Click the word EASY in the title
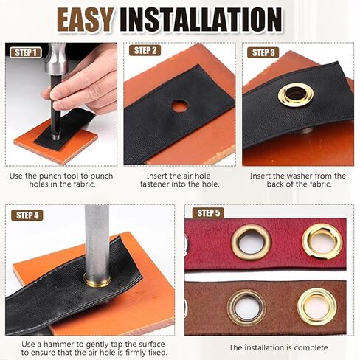(86, 20)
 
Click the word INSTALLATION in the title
(201, 20)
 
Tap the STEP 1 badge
(26, 52)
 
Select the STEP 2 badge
(145, 50)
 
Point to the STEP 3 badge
(263, 52)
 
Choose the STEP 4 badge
(27, 215)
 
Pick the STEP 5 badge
(208, 213)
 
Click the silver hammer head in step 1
(56, 59)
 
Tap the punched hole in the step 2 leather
(180, 106)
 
